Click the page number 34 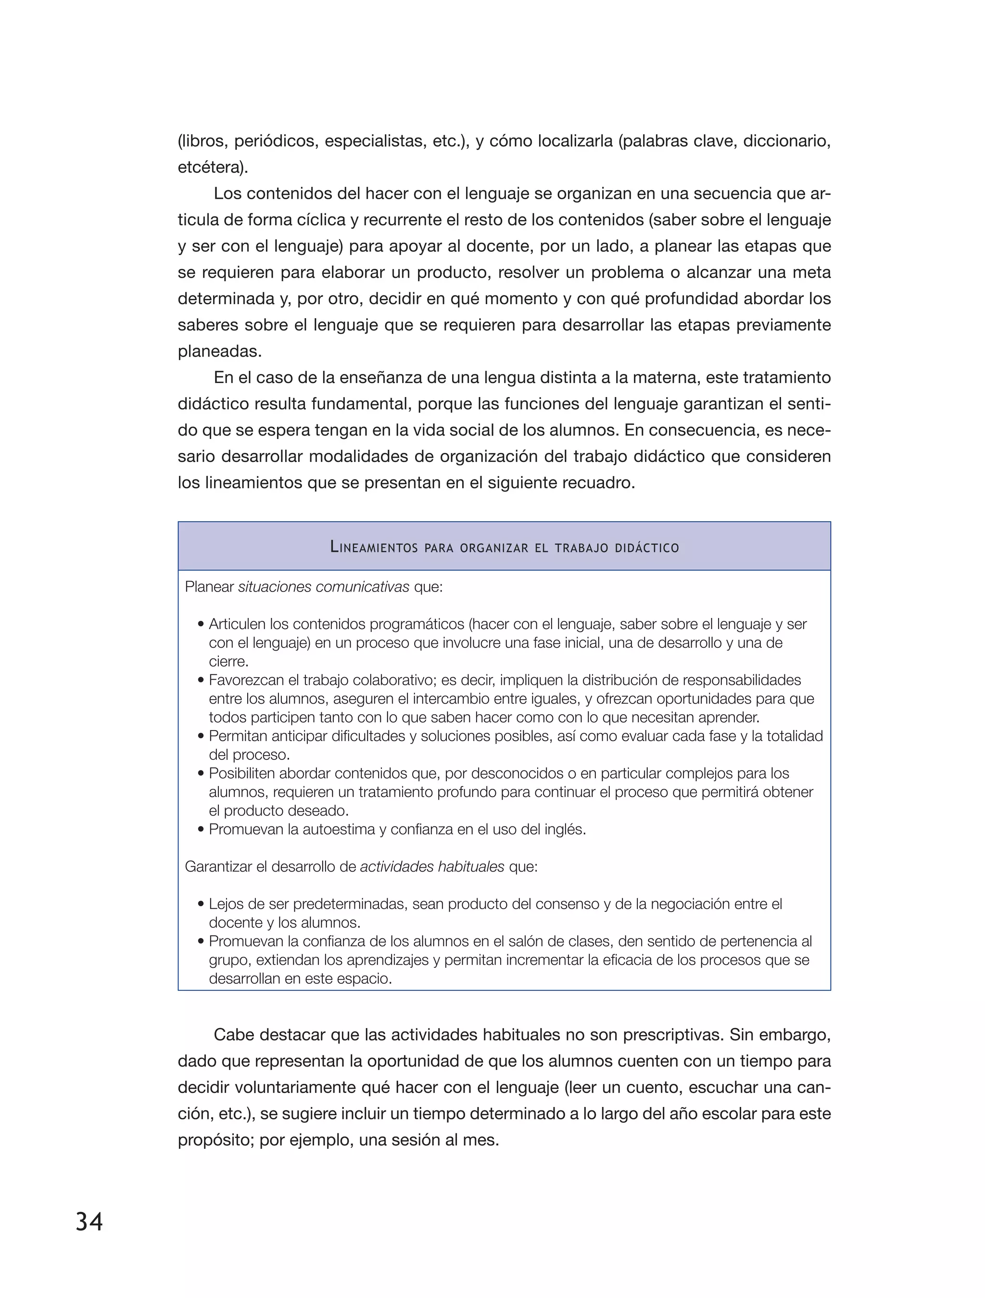89,1221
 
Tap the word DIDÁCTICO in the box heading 647,548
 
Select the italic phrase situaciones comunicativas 323,587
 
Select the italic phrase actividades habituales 431,867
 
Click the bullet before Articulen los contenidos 201,624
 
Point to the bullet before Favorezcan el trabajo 201,681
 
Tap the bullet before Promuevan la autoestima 201,830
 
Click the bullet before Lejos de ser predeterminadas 201,904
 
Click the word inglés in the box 567,830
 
